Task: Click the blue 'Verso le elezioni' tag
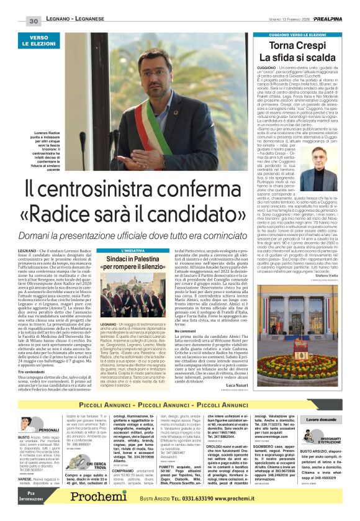(38, 42)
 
